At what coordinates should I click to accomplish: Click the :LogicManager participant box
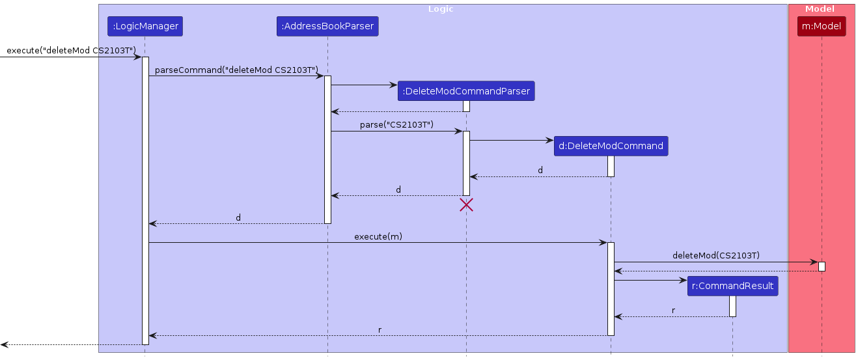pyautogui.click(x=145, y=26)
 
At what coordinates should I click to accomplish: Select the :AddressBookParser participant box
pyautogui.click(x=327, y=26)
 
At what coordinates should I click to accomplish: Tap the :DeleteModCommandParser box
pyautogui.click(x=466, y=91)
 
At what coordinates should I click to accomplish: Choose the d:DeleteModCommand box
pyautogui.click(x=611, y=146)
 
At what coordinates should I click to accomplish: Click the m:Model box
pyautogui.click(x=822, y=26)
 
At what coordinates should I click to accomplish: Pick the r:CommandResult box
pyautogui.click(x=732, y=286)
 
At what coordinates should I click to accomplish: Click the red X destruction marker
pyautogui.click(x=466, y=205)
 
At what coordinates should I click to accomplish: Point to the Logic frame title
pyautogui.click(x=441, y=9)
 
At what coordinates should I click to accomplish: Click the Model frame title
pyautogui.click(x=820, y=9)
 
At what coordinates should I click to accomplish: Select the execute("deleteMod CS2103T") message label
pyautogui.click(x=70, y=51)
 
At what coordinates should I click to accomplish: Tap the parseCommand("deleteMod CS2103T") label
pyautogui.click(x=236, y=70)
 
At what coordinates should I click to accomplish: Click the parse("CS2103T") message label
pyautogui.click(x=396, y=124)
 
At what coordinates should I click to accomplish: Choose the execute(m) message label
pyautogui.click(x=378, y=236)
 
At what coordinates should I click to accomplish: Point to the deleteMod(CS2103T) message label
pyautogui.click(x=716, y=256)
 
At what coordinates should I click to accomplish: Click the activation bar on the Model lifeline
pyautogui.click(x=822, y=266)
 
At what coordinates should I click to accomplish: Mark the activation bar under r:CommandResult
pyautogui.click(x=732, y=306)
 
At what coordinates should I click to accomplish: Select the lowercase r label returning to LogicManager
pyautogui.click(x=380, y=330)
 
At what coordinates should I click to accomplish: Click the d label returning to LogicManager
pyautogui.click(x=238, y=218)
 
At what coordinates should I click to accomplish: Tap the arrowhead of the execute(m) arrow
pyautogui.click(x=603, y=243)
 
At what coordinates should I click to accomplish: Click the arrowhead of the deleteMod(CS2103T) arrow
pyautogui.click(x=814, y=262)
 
